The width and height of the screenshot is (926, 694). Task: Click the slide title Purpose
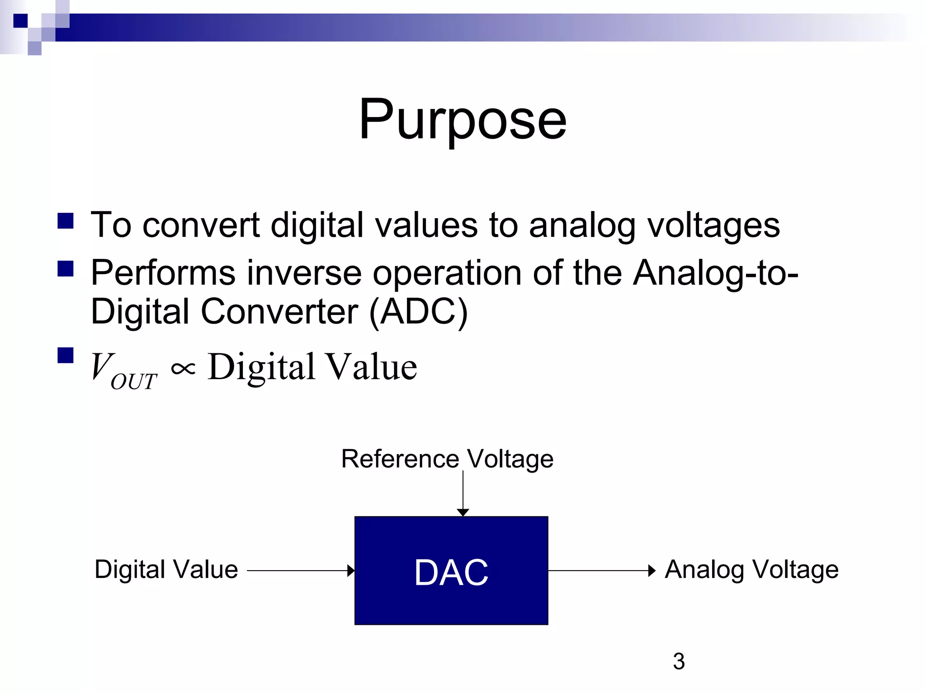[x=462, y=120]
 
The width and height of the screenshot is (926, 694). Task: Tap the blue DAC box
[x=451, y=571]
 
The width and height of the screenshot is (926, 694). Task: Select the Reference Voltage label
[x=447, y=459]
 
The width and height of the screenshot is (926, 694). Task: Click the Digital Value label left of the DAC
[x=166, y=569]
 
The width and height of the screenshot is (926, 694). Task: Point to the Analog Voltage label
[x=751, y=569]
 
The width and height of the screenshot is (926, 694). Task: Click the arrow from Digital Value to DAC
[x=300, y=571]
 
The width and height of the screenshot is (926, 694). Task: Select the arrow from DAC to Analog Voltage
[x=601, y=571]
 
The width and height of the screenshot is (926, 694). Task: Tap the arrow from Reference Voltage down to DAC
[x=463, y=492]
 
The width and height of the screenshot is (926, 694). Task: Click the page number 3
[x=679, y=661]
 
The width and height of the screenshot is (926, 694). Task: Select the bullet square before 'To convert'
[x=66, y=221]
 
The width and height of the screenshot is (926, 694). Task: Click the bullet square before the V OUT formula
[x=66, y=356]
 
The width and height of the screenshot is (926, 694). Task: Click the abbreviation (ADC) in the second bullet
[x=418, y=311]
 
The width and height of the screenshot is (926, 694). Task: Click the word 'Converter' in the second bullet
[x=279, y=311]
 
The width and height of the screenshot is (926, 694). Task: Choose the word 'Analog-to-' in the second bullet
[x=715, y=273]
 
